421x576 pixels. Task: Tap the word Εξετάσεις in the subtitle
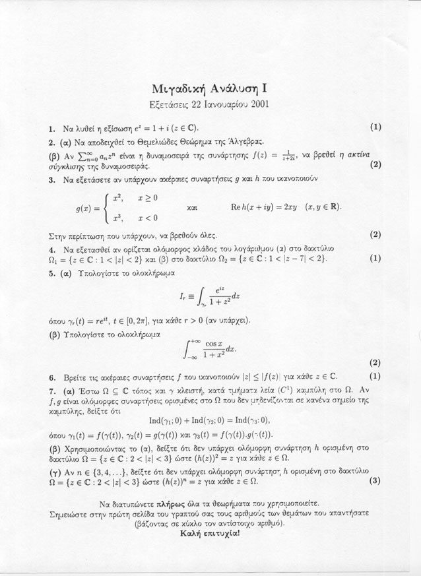click(x=172, y=104)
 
